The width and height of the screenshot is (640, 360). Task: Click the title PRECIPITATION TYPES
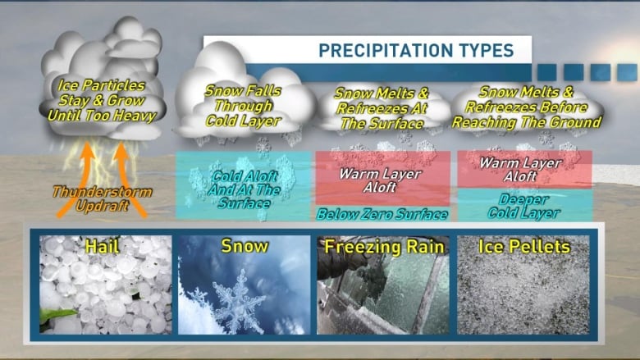416,51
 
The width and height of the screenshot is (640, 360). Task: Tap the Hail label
102,246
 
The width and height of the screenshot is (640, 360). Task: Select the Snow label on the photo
245,246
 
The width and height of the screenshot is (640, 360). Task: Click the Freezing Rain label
384,247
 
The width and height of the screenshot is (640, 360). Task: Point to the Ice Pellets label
524,246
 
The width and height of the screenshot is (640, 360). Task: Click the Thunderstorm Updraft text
102,198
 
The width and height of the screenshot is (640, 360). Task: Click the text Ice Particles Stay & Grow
101,93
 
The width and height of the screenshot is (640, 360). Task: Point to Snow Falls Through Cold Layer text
243,106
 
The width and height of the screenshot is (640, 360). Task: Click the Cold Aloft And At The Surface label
244,189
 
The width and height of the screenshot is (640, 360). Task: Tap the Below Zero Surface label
382,214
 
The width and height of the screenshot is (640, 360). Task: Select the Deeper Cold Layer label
523,206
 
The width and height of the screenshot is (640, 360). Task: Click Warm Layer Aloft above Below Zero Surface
380,180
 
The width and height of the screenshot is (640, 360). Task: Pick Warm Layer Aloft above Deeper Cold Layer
520,170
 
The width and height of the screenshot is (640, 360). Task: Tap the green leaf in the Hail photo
57,316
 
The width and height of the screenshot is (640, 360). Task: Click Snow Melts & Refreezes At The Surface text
382,108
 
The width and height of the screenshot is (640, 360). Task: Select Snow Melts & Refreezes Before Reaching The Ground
527,107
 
